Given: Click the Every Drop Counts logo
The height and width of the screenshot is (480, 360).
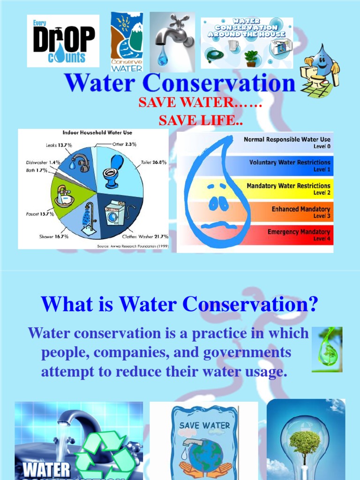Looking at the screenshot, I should pos(63,41).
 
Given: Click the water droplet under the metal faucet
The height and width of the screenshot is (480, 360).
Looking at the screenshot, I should pos(163,58).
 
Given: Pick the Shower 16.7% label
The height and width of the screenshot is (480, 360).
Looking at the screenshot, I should pos(54,236).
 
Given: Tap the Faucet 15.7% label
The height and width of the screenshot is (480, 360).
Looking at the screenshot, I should pos(40,214).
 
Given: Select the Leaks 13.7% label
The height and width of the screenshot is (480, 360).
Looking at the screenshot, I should pos(59,145).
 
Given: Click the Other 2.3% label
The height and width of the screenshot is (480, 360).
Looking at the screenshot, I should pos(124,144).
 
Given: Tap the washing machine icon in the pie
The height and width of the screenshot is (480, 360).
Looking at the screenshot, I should pos(115,213).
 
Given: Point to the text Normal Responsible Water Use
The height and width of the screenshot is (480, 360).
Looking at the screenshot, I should pos(287,139).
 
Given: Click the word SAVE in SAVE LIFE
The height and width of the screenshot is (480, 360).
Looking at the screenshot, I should pos(176,120).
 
